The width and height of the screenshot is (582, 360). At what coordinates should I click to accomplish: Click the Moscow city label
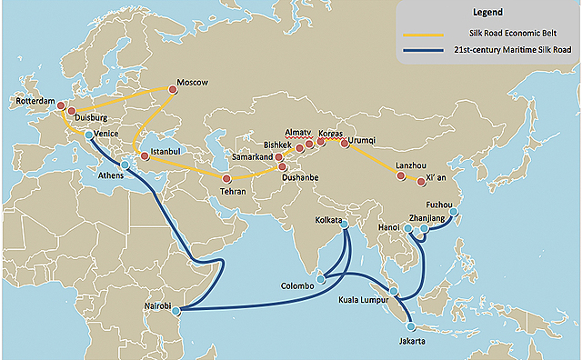(193, 82)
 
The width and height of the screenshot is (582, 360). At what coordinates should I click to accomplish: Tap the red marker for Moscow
(173, 88)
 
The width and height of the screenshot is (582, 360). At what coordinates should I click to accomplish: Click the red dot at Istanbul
(145, 156)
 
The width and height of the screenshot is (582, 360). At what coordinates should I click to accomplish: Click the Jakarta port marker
(411, 326)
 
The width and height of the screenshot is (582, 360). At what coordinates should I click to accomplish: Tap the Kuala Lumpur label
(364, 298)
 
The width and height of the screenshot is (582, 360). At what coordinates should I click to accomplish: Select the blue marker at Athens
(125, 165)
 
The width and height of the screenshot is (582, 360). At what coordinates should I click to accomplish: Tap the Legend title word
(488, 13)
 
